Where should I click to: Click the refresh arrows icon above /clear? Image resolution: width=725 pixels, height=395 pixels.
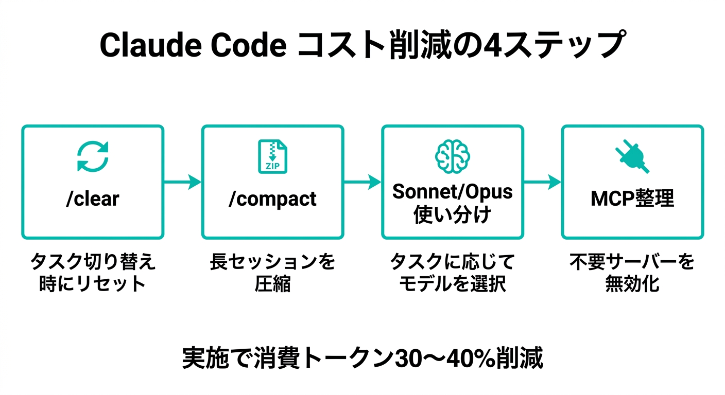[x=93, y=156]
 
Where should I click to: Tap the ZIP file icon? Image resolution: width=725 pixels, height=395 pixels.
[x=272, y=156]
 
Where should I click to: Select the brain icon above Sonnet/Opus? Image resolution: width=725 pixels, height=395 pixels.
[x=452, y=156]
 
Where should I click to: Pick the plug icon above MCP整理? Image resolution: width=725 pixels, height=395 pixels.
[x=632, y=156]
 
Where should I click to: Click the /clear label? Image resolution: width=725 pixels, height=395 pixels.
[x=93, y=199]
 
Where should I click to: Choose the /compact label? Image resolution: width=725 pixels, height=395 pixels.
[x=272, y=199]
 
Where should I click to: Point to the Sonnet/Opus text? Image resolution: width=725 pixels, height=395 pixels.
[x=452, y=192]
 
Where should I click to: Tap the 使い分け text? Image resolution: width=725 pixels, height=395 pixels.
[x=452, y=214]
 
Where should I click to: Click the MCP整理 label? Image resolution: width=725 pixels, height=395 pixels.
[x=632, y=199]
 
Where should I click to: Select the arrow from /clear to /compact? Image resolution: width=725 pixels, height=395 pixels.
[x=182, y=182]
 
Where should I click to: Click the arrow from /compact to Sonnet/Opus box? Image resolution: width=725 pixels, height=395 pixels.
[x=362, y=182]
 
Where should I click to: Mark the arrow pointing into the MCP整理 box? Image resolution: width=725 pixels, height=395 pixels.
[x=542, y=182]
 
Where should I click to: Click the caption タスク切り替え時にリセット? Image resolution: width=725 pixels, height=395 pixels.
[x=93, y=273]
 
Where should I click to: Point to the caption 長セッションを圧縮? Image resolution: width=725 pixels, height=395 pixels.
[x=272, y=273]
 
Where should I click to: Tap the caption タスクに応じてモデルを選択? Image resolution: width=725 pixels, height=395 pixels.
[x=452, y=273]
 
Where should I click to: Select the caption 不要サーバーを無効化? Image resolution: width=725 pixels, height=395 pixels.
[x=632, y=273]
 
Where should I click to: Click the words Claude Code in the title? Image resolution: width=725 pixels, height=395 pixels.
[x=193, y=45]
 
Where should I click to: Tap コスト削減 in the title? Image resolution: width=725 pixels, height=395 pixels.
[x=376, y=45]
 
